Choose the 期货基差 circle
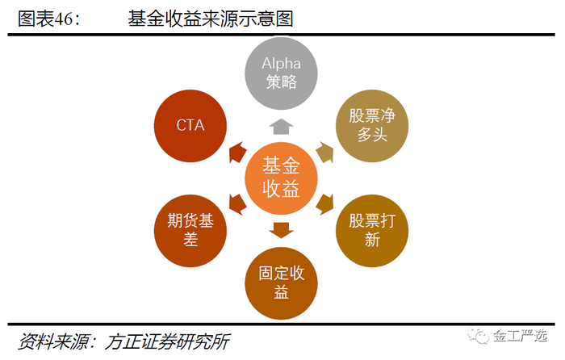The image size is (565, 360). [x=190, y=229]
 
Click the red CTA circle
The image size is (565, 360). [x=190, y=124]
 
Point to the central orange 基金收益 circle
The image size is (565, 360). [x=281, y=178]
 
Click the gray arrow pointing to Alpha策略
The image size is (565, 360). [x=281, y=125]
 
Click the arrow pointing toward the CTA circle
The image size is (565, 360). [x=236, y=152]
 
